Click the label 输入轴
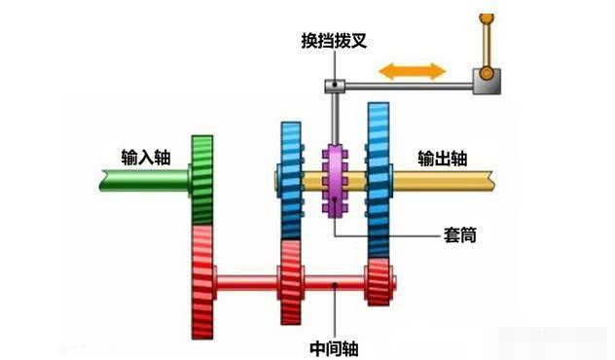coord(141,157)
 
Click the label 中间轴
coord(335,345)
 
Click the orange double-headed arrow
coord(413,71)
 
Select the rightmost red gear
coord(378,282)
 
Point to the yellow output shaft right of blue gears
coord(448,180)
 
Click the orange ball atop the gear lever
coord(485,18)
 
